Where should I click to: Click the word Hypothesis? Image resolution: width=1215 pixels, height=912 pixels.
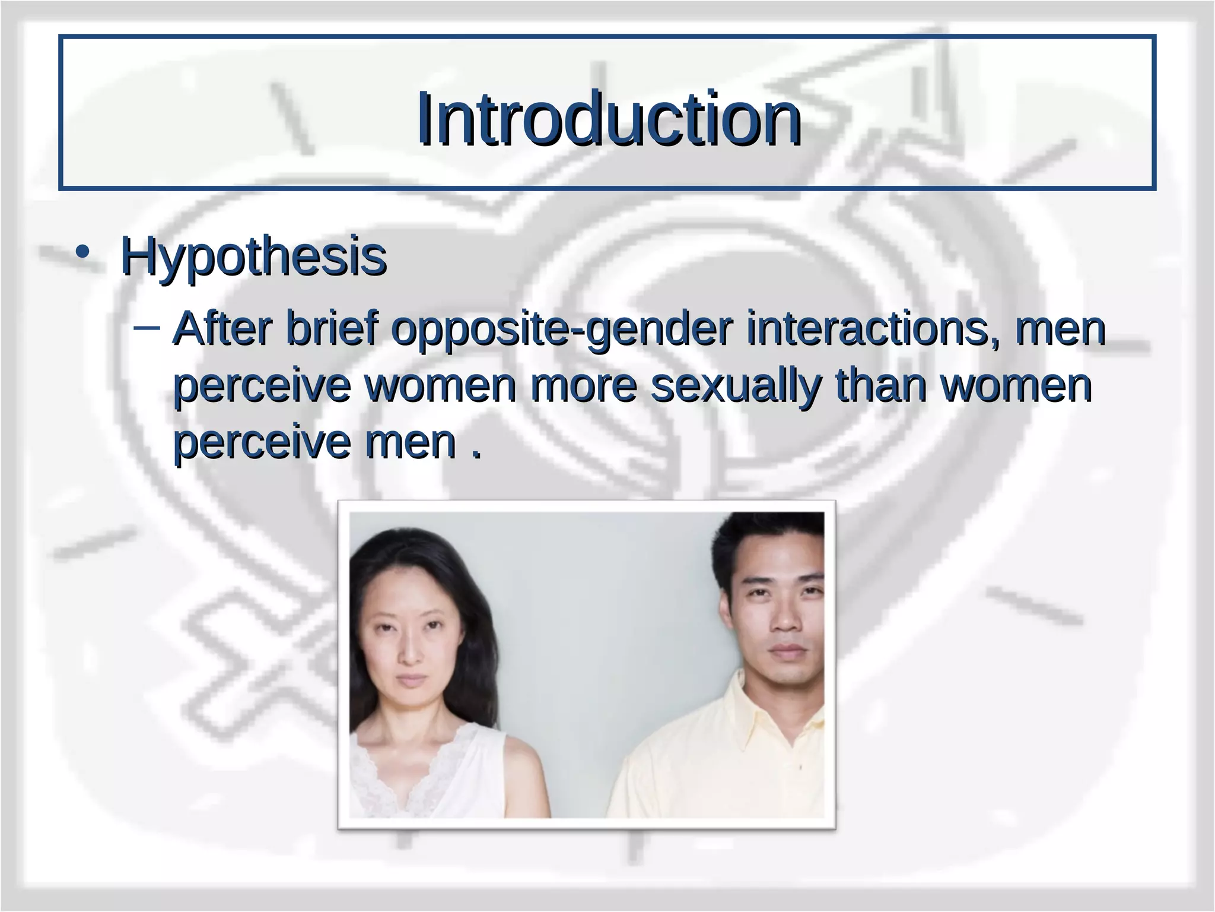click(x=253, y=256)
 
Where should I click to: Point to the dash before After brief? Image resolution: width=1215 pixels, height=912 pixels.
click(x=146, y=327)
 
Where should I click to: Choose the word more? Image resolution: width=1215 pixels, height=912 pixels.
click(x=584, y=386)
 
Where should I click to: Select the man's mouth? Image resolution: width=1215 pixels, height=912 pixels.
click(x=787, y=651)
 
